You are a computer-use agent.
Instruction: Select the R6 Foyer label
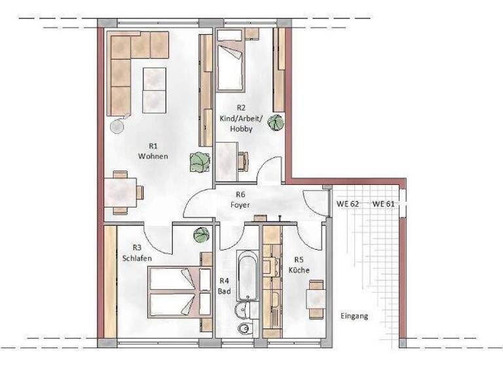[240, 199]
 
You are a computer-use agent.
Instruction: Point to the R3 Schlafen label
[137, 253]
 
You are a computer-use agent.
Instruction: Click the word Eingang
[354, 316]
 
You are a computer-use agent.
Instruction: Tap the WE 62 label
[348, 204]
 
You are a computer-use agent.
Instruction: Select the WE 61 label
[383, 204]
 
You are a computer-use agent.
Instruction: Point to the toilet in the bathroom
[246, 327]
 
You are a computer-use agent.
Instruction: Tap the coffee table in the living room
[155, 89]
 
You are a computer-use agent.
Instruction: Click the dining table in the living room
[120, 193]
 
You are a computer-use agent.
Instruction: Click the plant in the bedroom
[201, 235]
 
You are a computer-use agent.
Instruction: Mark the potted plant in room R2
[278, 122]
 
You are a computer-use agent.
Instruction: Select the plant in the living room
[199, 161]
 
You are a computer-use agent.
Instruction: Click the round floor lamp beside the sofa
[118, 126]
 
